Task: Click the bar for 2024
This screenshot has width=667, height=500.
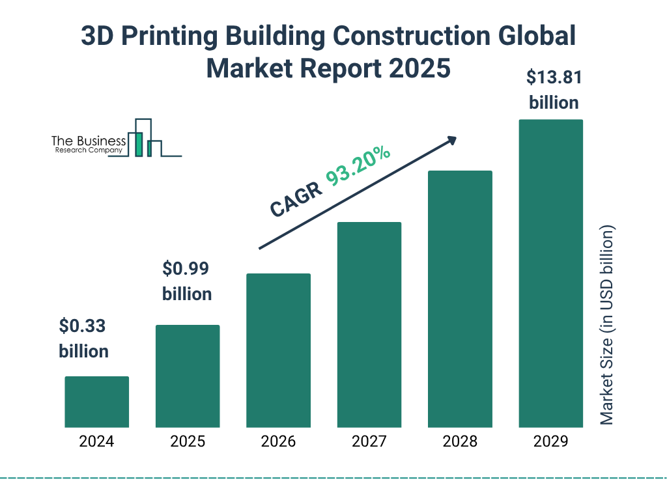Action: pyautogui.click(x=96, y=402)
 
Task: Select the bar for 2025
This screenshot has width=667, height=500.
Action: pyautogui.click(x=188, y=376)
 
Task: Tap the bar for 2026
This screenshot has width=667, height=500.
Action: pyautogui.click(x=278, y=350)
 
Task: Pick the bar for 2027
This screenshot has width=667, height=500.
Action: pyautogui.click(x=369, y=324)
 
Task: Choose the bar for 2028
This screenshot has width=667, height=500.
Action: pyautogui.click(x=460, y=299)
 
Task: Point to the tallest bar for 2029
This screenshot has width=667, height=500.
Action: pyautogui.click(x=550, y=273)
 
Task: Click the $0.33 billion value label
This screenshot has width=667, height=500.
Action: pyautogui.click(x=83, y=338)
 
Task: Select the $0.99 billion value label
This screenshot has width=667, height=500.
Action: pyautogui.click(x=187, y=281)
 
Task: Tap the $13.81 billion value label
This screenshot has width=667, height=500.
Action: pyautogui.click(x=554, y=90)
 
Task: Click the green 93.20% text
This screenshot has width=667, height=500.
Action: pyautogui.click(x=358, y=167)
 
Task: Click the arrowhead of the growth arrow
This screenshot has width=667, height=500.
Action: pyautogui.click(x=451, y=139)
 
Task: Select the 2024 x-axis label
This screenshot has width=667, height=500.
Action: pyautogui.click(x=96, y=442)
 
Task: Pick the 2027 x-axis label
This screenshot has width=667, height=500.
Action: pyautogui.click(x=369, y=442)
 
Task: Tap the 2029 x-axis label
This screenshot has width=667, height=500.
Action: pyautogui.click(x=550, y=442)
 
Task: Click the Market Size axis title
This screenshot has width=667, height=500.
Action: pyautogui.click(x=607, y=326)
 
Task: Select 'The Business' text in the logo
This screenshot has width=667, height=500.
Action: pyautogui.click(x=89, y=141)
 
